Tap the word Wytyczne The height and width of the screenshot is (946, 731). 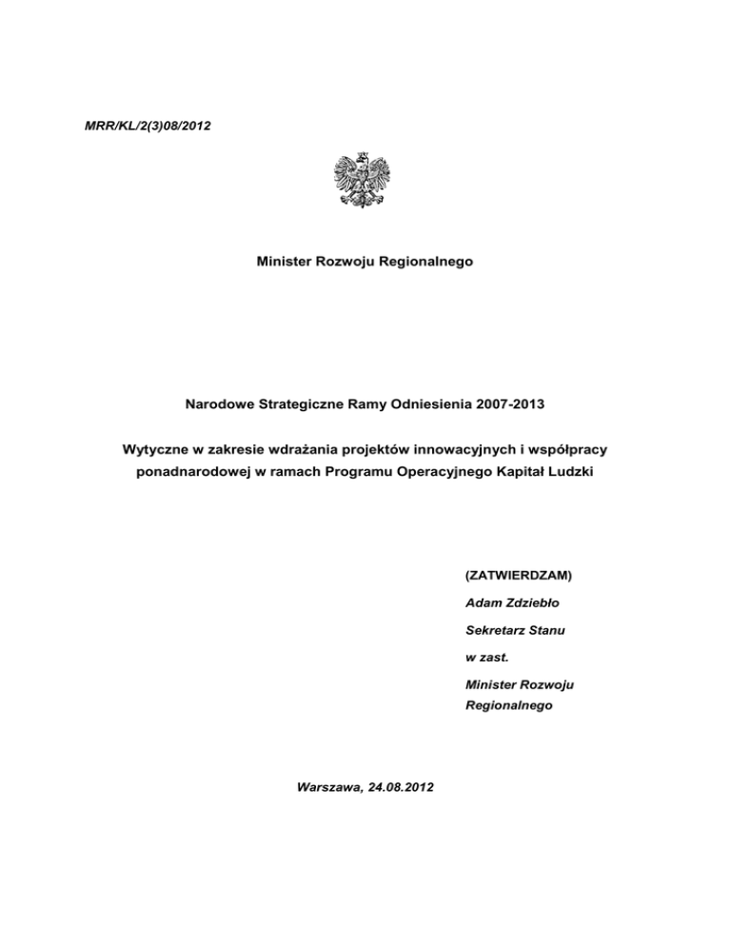coord(159,449)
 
